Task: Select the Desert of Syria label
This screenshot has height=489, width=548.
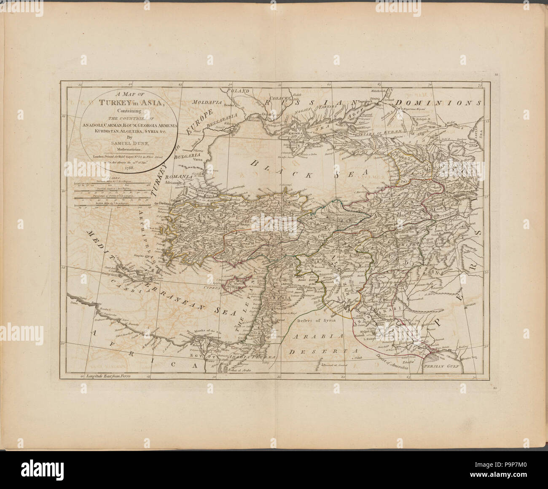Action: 313,322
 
